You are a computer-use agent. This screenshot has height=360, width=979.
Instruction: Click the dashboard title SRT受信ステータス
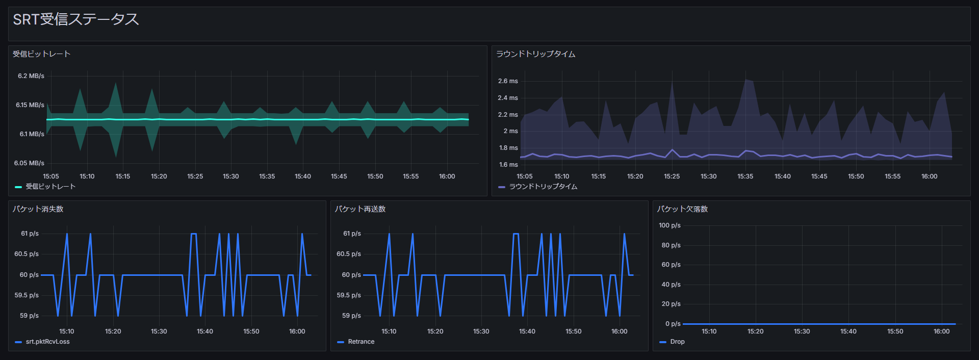point(75,19)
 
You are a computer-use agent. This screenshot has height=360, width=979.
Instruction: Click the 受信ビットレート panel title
point(41,54)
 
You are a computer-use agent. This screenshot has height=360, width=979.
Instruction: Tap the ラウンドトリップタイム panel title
point(535,54)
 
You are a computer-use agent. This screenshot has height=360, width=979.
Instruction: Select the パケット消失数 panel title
point(38,209)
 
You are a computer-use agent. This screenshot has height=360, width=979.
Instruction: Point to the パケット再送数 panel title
point(360,209)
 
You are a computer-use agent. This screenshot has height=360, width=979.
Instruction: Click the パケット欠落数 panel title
point(682,209)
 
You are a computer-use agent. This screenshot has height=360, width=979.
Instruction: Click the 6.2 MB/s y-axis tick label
point(31,76)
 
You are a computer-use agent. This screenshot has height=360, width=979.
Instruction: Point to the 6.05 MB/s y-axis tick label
point(29,163)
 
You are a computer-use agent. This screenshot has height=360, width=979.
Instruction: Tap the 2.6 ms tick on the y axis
point(508,81)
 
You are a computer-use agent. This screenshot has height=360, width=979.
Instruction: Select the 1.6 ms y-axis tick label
point(508,165)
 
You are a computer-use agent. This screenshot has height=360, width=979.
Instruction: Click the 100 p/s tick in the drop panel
point(669,225)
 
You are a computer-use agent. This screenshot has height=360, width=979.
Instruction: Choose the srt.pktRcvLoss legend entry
point(47,342)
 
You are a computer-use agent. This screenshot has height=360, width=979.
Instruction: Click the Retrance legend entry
point(361,342)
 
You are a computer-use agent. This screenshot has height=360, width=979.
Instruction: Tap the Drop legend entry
point(677,342)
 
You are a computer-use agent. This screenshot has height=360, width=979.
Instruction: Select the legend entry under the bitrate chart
point(50,187)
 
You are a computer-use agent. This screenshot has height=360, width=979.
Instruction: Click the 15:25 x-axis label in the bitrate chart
point(195,176)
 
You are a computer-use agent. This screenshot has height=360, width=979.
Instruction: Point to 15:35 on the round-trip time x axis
point(745,176)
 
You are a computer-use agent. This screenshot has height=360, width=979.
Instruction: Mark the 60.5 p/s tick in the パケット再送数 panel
point(349,254)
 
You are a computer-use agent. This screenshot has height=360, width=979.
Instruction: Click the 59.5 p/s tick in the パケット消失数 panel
point(27,295)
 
